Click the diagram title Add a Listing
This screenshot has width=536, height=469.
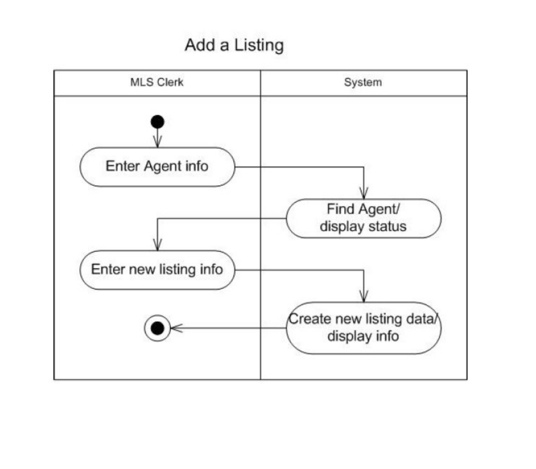(x=234, y=45)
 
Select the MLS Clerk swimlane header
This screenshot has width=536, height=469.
(x=157, y=82)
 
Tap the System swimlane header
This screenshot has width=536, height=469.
(x=363, y=82)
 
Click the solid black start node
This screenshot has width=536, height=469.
(x=157, y=122)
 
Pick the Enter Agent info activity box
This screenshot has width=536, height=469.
(x=157, y=166)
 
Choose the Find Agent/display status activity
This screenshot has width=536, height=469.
(x=363, y=218)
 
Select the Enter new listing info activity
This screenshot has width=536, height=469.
(x=157, y=270)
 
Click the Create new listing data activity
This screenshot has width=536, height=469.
(x=363, y=327)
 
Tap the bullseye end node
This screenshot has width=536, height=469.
(x=157, y=328)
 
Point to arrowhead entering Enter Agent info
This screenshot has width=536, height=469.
(x=157, y=142)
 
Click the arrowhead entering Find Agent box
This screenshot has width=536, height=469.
(x=363, y=194)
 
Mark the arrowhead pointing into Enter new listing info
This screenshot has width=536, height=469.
(x=157, y=245)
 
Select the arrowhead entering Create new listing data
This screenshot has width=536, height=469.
(x=363, y=296)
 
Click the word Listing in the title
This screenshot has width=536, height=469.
(x=259, y=45)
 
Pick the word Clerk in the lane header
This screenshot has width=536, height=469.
(x=172, y=82)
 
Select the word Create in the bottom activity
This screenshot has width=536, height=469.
(x=308, y=319)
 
